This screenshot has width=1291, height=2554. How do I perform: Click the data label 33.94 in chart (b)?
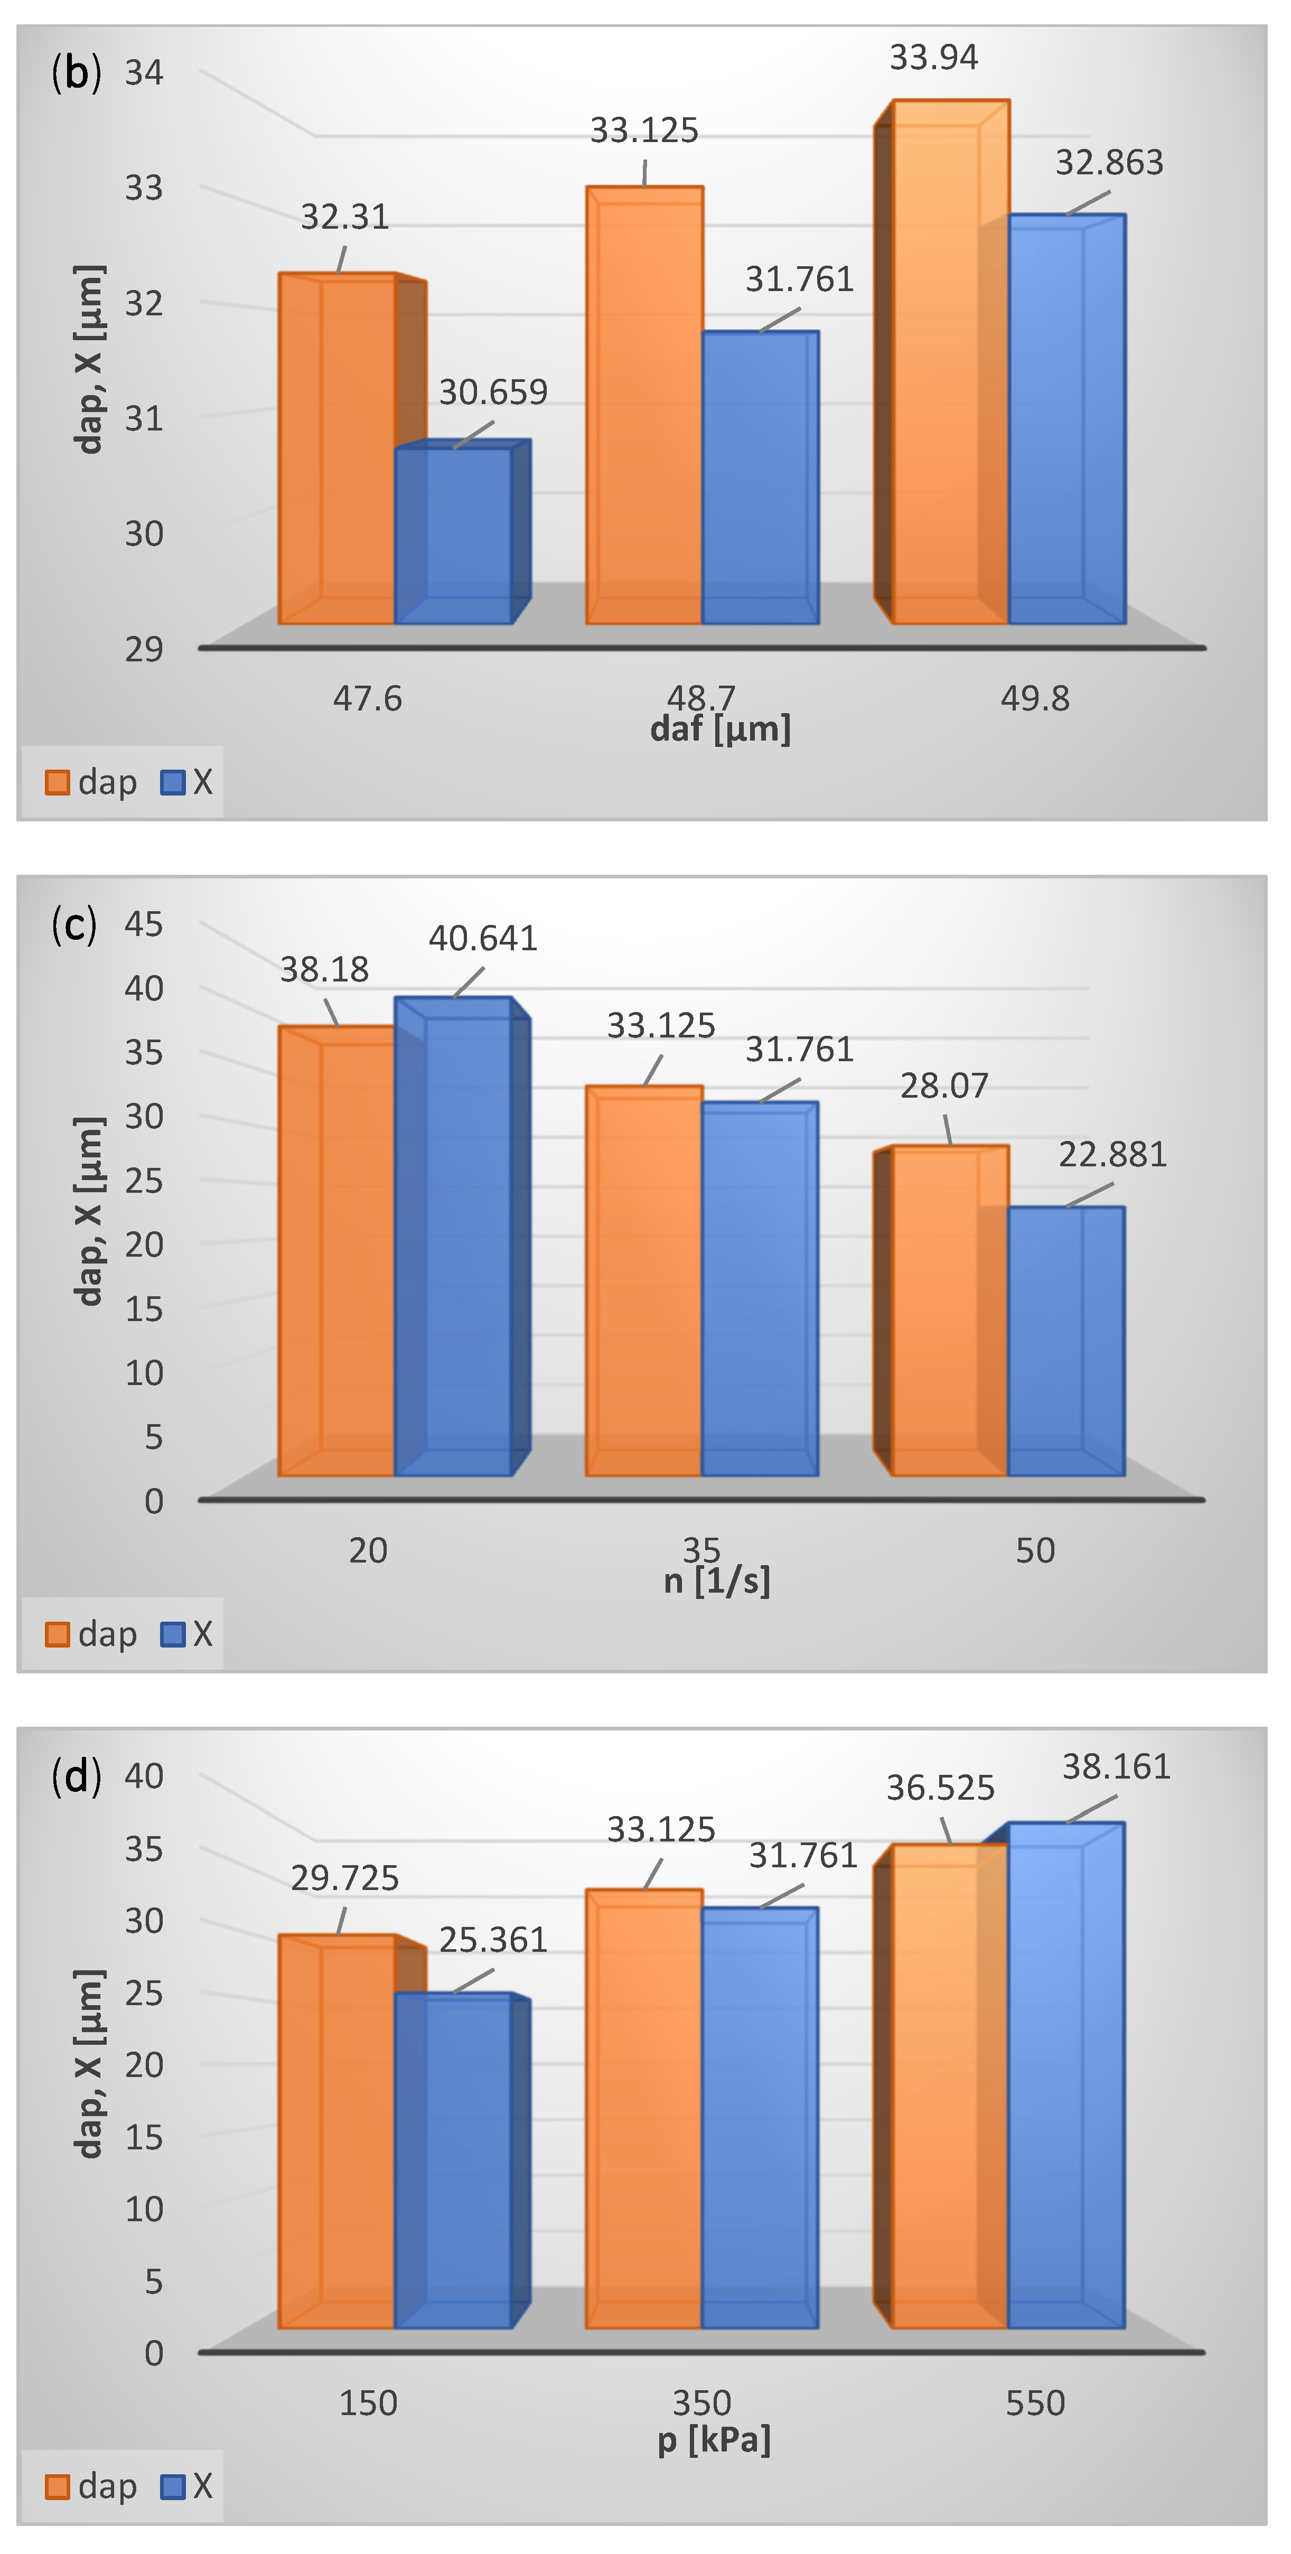click(933, 58)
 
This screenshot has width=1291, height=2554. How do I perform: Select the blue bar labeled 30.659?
click(453, 536)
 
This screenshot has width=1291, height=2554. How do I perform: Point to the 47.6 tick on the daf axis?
click(367, 699)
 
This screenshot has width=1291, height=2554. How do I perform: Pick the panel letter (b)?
click(76, 73)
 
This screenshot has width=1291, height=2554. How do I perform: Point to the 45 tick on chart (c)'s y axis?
click(144, 924)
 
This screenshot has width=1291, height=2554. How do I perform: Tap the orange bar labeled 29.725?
click(337, 2131)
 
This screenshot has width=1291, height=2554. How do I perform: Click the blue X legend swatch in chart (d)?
click(173, 2486)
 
